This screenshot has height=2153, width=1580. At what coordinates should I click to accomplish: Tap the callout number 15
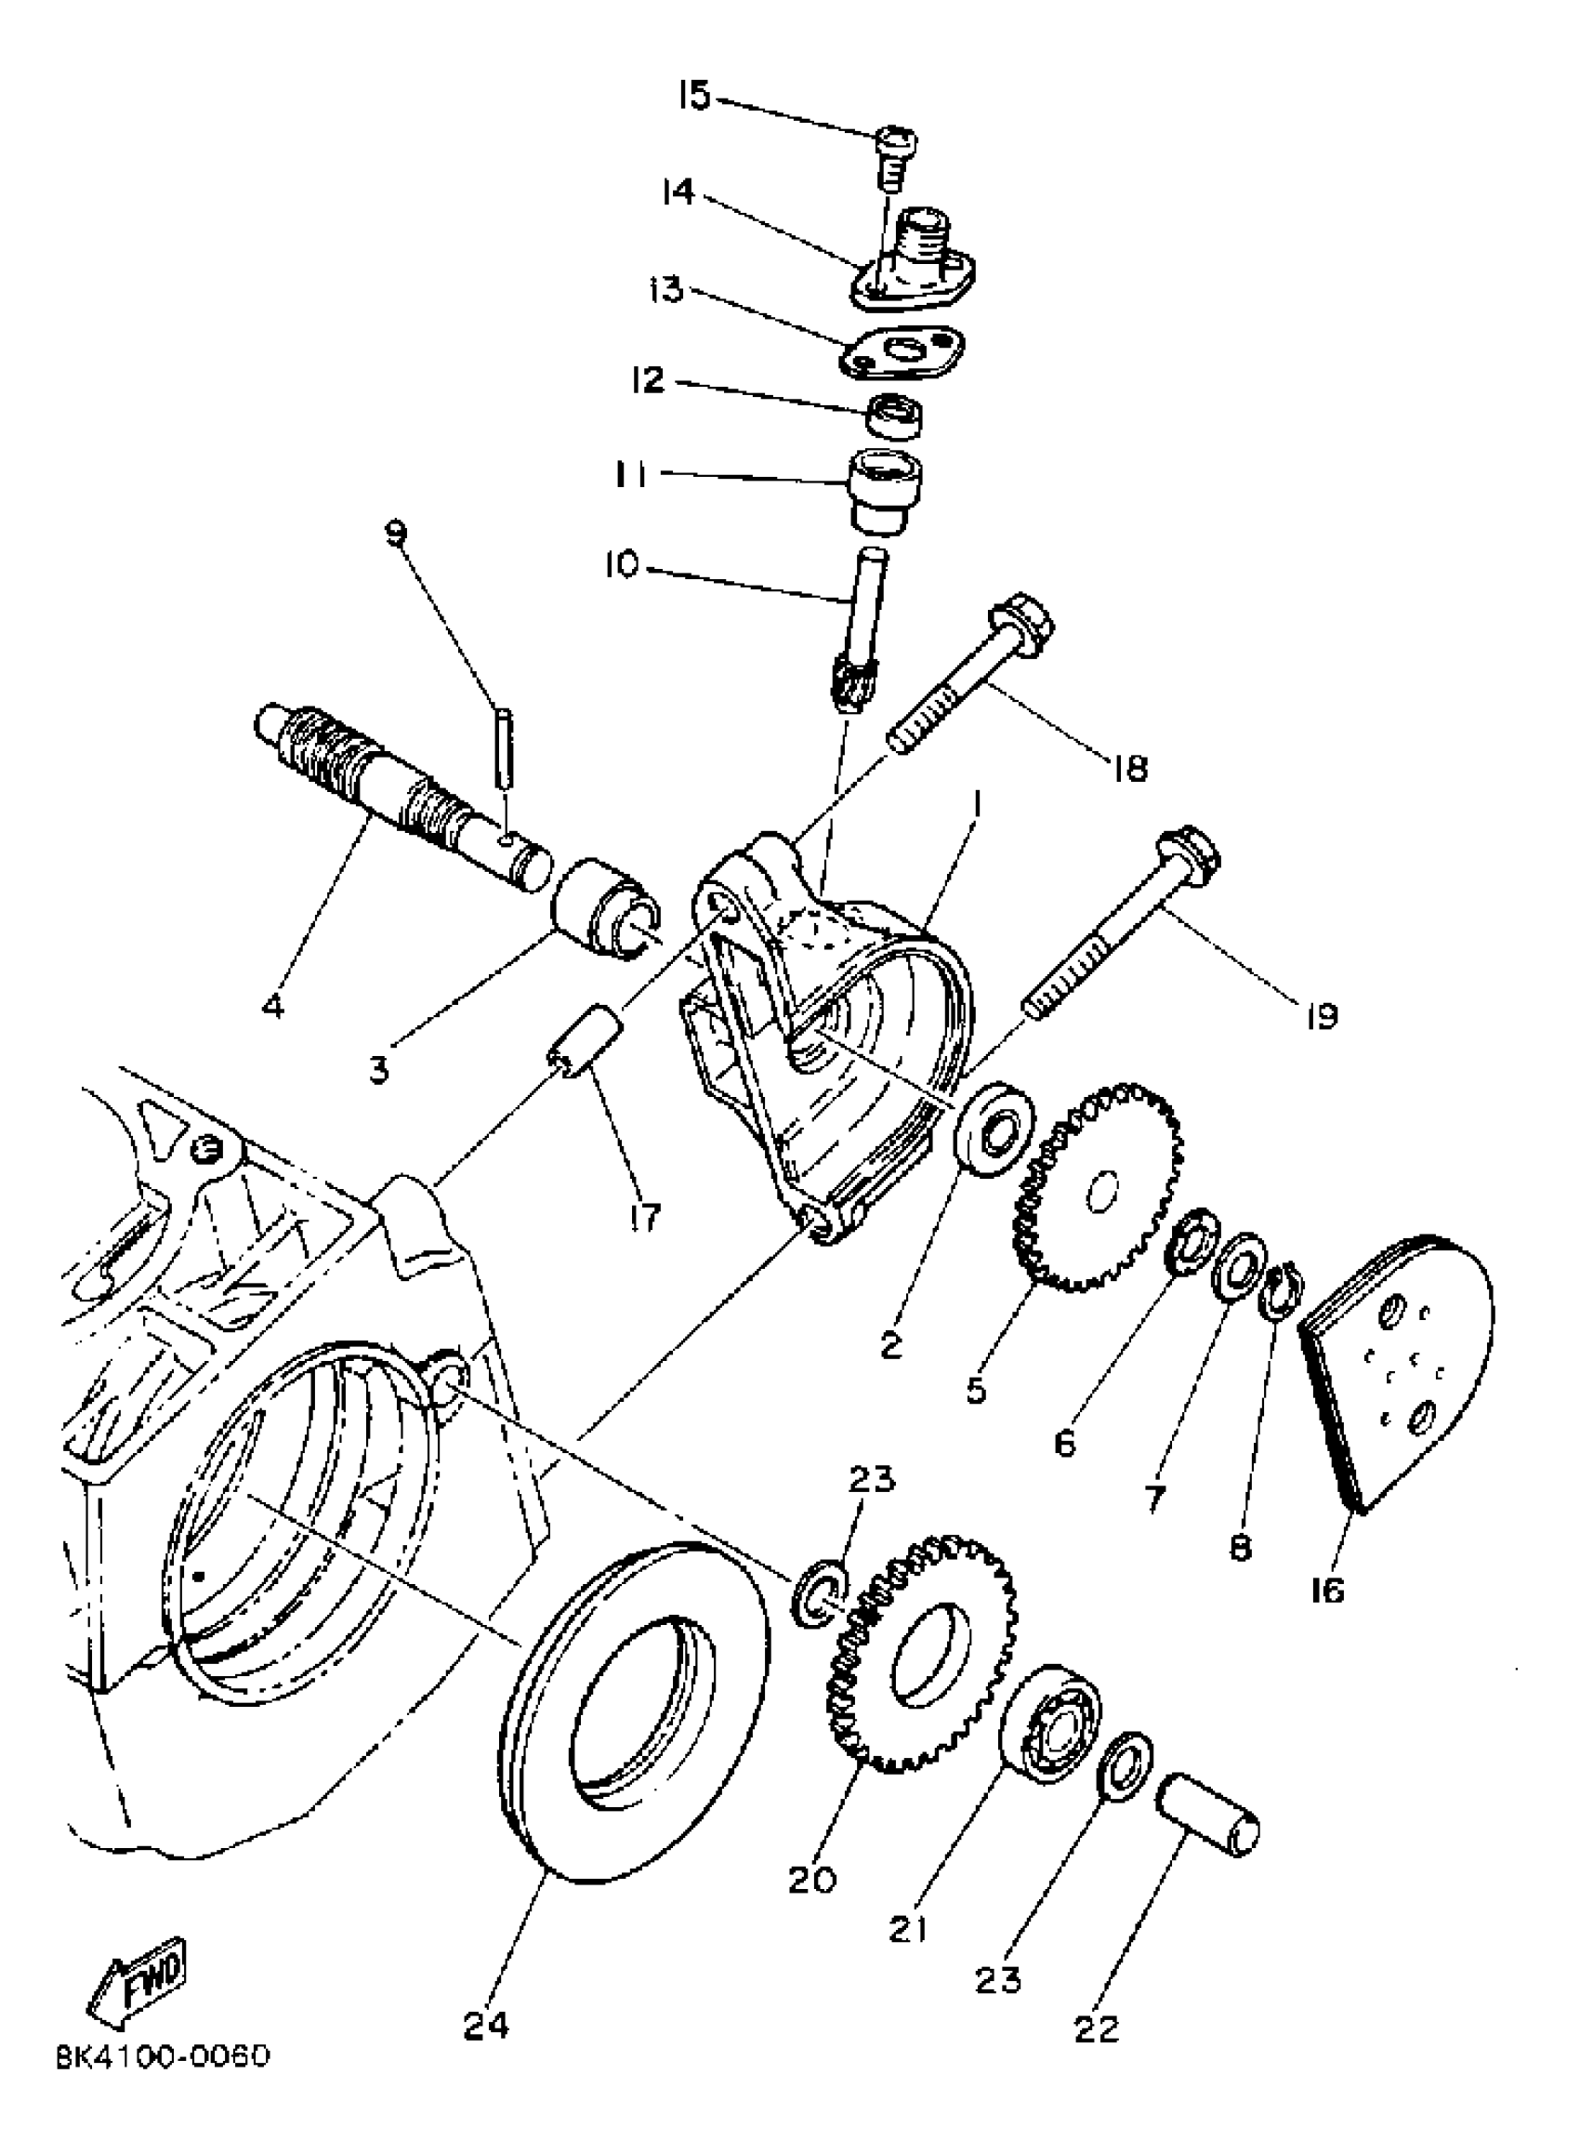click(694, 96)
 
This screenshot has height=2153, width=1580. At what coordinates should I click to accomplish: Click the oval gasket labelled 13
click(902, 351)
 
